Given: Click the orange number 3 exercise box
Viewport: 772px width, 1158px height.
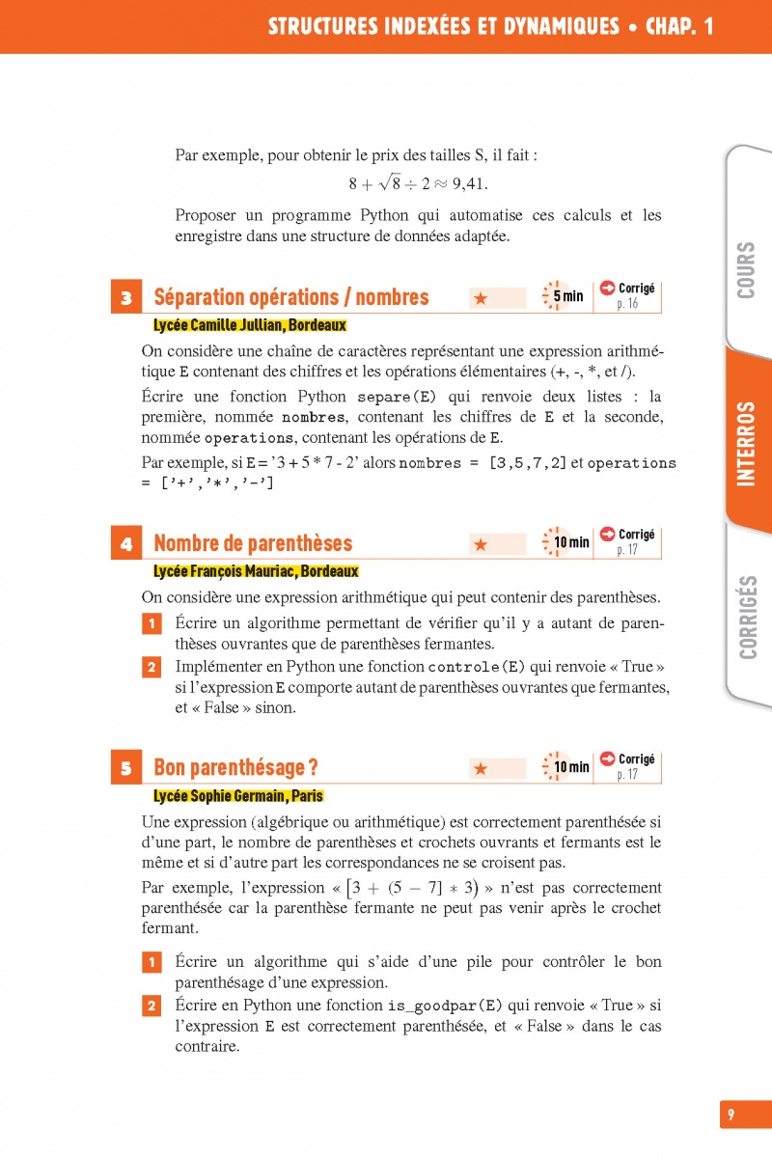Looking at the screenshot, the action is click(x=126, y=298).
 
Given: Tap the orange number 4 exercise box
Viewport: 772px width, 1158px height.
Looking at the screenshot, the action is click(x=126, y=544).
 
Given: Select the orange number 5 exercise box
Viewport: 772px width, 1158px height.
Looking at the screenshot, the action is click(x=126, y=769).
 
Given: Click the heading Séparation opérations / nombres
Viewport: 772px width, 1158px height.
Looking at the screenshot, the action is click(x=291, y=297).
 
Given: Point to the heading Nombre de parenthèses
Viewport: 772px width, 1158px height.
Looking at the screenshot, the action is click(x=253, y=543).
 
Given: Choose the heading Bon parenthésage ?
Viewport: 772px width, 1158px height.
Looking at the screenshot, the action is click(x=236, y=768).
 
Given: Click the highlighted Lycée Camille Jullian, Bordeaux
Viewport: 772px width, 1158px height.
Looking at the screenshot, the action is click(x=250, y=325).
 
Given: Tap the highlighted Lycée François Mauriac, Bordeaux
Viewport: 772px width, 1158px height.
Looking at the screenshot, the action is click(x=256, y=571).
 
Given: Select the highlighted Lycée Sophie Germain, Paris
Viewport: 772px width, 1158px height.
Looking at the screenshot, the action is click(x=238, y=796).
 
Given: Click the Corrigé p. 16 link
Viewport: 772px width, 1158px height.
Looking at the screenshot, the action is click(x=628, y=295).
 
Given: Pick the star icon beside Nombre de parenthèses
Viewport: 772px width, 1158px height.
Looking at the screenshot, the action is click(x=481, y=545).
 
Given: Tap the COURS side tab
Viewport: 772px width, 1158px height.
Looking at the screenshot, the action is click(x=746, y=270).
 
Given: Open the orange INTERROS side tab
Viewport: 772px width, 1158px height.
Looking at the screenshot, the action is click(x=746, y=444).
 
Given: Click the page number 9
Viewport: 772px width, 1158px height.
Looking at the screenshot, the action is click(x=731, y=1115).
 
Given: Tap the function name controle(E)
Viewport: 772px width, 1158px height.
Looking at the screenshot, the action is click(x=477, y=667).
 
